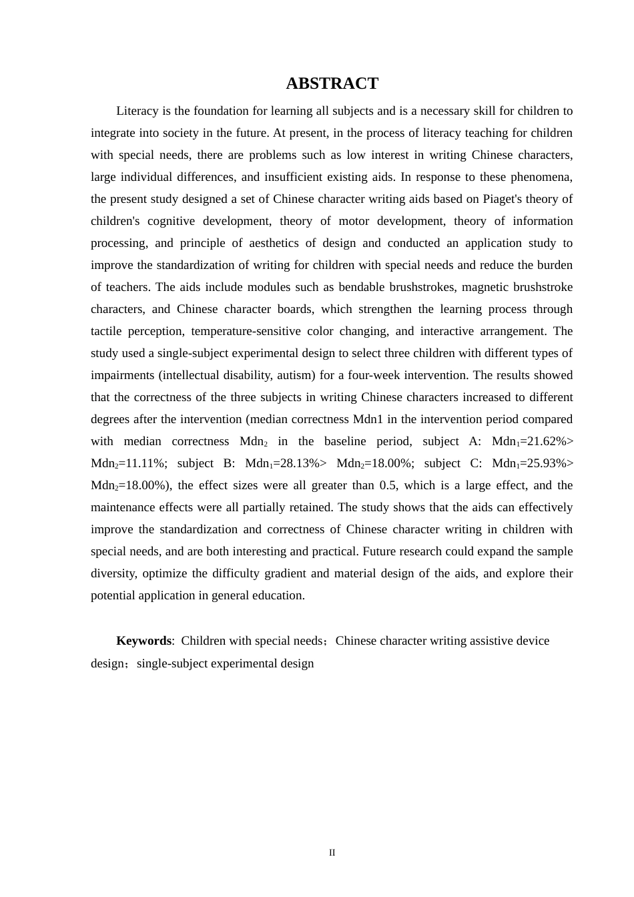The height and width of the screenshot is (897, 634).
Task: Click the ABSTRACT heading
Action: pos(332,83)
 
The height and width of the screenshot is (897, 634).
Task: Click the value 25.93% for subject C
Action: pos(545,463)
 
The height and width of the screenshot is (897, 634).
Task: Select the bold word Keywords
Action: pos(143,641)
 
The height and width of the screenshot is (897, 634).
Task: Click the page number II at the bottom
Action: pos(332,852)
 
